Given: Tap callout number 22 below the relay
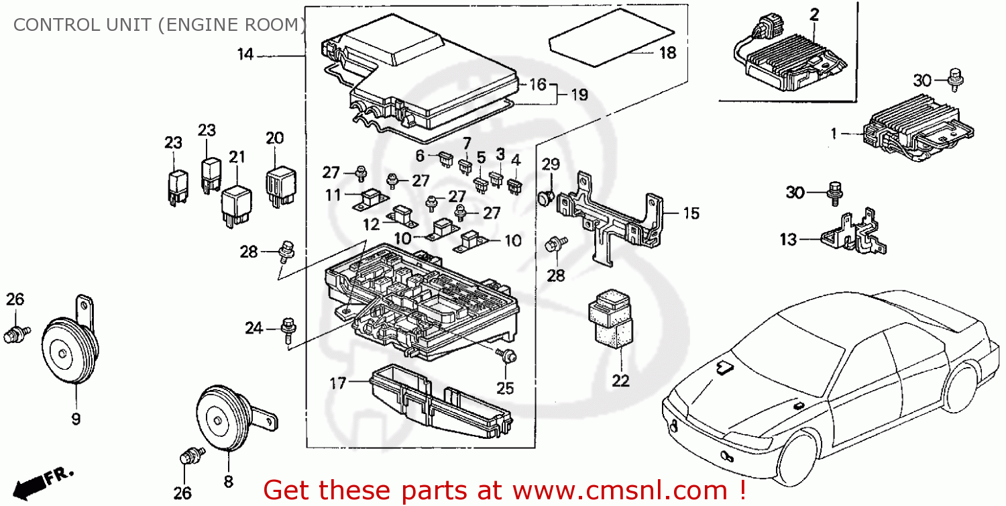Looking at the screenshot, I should click(621, 381).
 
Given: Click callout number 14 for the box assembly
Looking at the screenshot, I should click(245, 54).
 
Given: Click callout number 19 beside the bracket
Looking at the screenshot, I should click(579, 95).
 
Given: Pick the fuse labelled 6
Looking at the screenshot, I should click(443, 159).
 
